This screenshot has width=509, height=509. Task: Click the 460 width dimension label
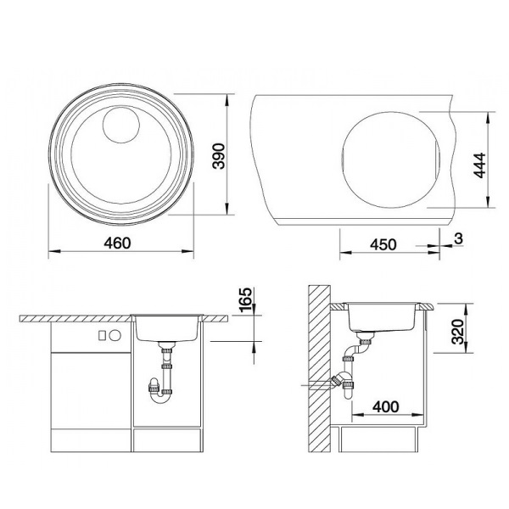pyautogui.click(x=117, y=243)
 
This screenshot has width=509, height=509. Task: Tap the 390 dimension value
pyautogui.click(x=219, y=156)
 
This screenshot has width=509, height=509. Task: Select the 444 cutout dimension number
pyautogui.click(x=479, y=165)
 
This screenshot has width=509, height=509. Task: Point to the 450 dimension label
pyautogui.click(x=383, y=244)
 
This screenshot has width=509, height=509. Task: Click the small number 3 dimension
pyautogui.click(x=458, y=238)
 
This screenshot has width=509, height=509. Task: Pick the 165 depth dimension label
pyautogui.click(x=245, y=299)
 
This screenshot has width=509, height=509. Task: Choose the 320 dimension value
pyautogui.click(x=458, y=332)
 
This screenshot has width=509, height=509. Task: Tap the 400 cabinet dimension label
pyautogui.click(x=386, y=406)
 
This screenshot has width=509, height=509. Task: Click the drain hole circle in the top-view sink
pyautogui.click(x=121, y=126)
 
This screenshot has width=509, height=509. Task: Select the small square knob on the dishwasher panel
pyautogui.click(x=103, y=335)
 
